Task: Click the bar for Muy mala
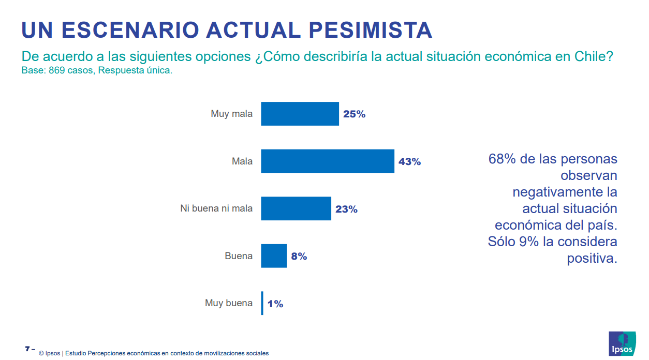[300, 114]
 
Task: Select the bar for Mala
[327, 161]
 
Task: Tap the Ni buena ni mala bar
[296, 208]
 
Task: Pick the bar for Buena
[274, 256]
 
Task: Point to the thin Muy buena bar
[262, 303]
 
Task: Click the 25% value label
[354, 114]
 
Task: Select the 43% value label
[409, 161]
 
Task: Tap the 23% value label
[346, 209]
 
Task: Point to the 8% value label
[299, 256]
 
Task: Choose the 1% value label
[275, 304]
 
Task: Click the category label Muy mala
[231, 114]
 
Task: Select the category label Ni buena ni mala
[216, 208]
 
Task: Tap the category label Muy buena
[229, 303]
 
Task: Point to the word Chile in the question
[590, 56]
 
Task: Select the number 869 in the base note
[56, 70]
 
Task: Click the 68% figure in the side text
[502, 159]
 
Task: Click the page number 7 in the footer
[27, 349]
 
